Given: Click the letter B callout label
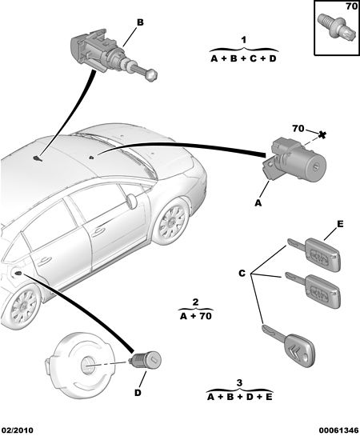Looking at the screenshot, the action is click(x=140, y=22).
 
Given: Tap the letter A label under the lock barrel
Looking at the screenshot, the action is click(x=258, y=203).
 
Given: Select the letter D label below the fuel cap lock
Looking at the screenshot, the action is click(x=138, y=393).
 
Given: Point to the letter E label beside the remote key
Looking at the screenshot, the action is click(x=340, y=223).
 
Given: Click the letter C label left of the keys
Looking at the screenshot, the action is click(x=242, y=274).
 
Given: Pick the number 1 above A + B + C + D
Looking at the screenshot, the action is click(x=243, y=40).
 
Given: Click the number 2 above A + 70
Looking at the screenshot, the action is click(x=195, y=302).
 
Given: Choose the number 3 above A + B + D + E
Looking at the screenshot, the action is click(x=239, y=383).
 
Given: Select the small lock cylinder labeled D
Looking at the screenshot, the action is click(x=145, y=360).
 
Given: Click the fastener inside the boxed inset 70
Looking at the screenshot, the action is click(x=337, y=28).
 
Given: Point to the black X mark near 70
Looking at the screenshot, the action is click(x=322, y=135).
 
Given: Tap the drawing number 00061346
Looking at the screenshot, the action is click(x=338, y=430).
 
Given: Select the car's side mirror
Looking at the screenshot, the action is click(x=131, y=201).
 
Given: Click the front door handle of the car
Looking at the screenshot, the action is click(x=99, y=231).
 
